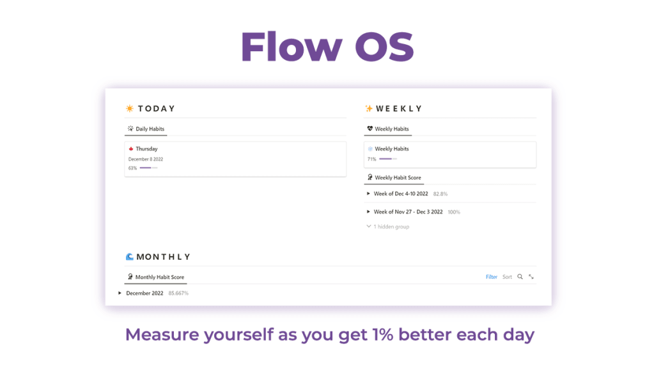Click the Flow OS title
(327, 46)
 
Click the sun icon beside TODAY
(130, 109)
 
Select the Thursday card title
(146, 149)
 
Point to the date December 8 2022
(146, 159)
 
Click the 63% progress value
(132, 168)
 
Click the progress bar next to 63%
(148, 168)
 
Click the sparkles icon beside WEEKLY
(369, 109)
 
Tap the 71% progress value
(371, 159)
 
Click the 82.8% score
(440, 193)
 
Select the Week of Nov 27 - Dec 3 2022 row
(408, 212)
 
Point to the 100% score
(454, 212)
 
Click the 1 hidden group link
(391, 227)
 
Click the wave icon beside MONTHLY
(130, 257)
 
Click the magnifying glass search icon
(520, 277)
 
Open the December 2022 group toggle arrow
(120, 293)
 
